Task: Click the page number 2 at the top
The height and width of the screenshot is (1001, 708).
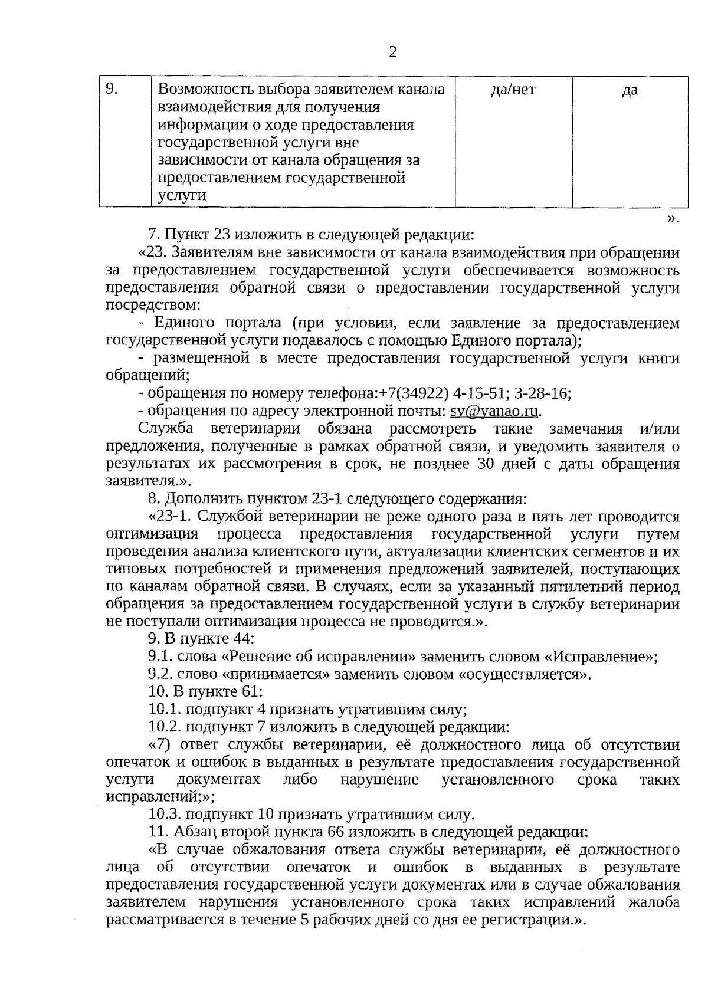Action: tap(393, 53)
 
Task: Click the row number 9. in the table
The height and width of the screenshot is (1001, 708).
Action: tap(112, 90)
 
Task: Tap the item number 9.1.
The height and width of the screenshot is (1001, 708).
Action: tap(160, 657)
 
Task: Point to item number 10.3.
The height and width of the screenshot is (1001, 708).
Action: tap(165, 815)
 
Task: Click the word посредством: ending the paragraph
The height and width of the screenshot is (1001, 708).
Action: tap(153, 306)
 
